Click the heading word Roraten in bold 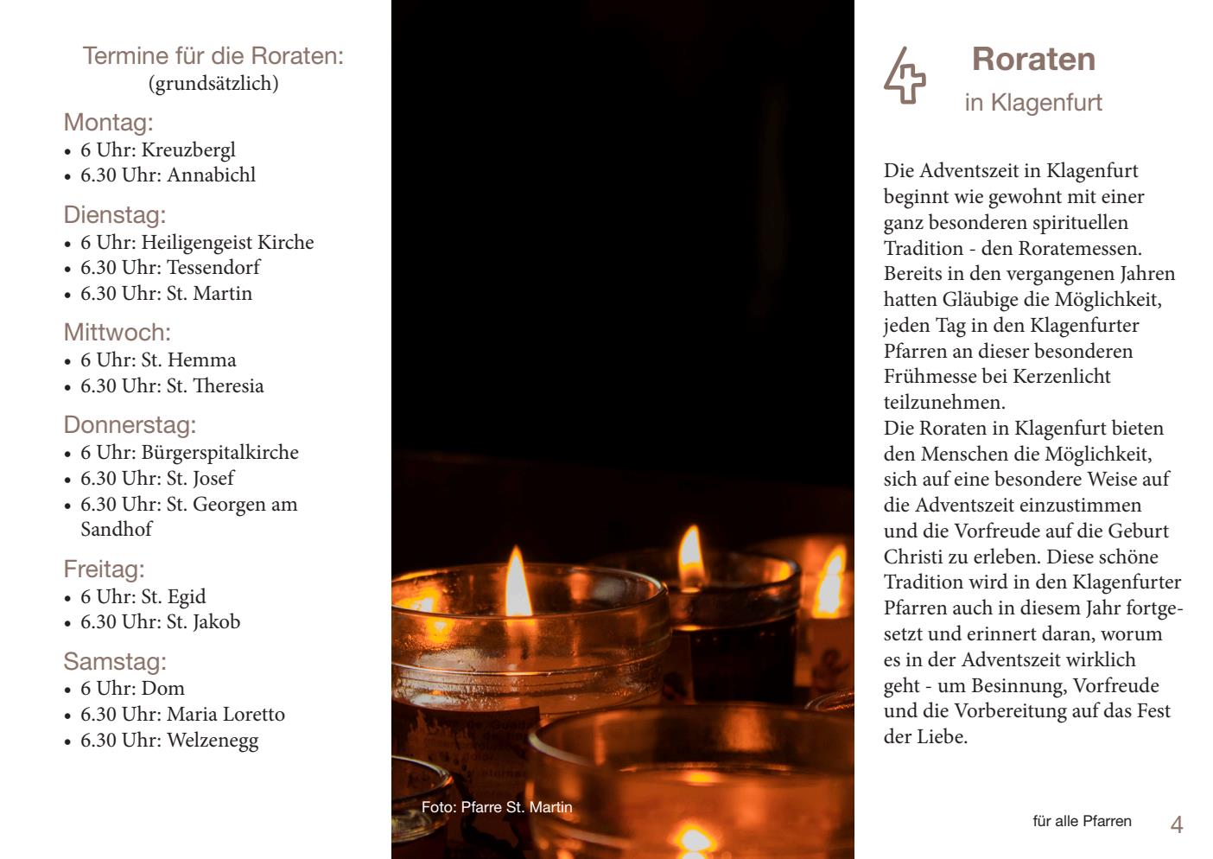coord(1033,60)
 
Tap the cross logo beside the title coord(905,76)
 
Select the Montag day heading coord(108,122)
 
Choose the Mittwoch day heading coord(117,333)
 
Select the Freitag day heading coord(104,569)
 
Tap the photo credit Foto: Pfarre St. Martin coord(497,807)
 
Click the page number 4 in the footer coord(1176,824)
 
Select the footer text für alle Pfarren coord(1082,821)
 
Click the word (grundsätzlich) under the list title coord(213,84)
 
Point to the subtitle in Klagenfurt coord(1033,103)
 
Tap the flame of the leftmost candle coord(518,583)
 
